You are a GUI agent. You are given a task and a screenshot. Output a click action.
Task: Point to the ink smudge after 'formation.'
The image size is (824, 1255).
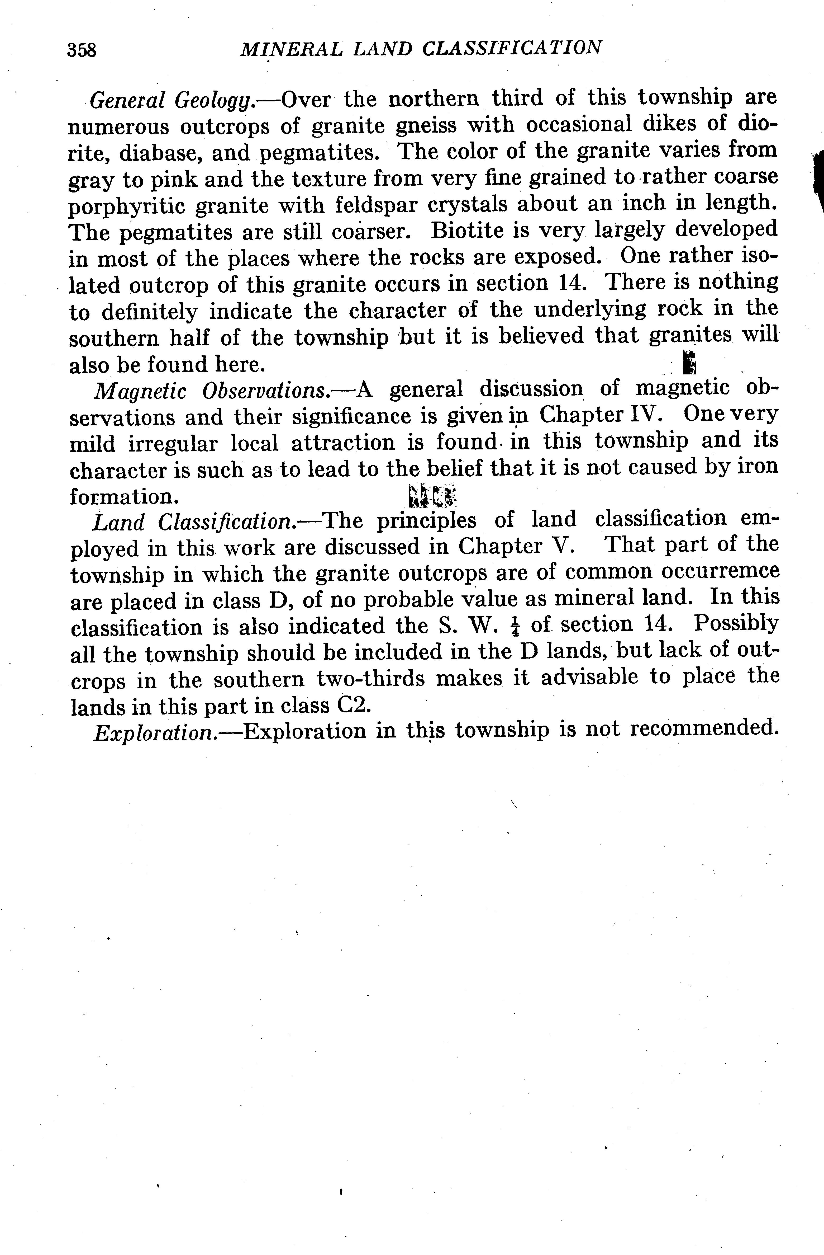click(x=432, y=493)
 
